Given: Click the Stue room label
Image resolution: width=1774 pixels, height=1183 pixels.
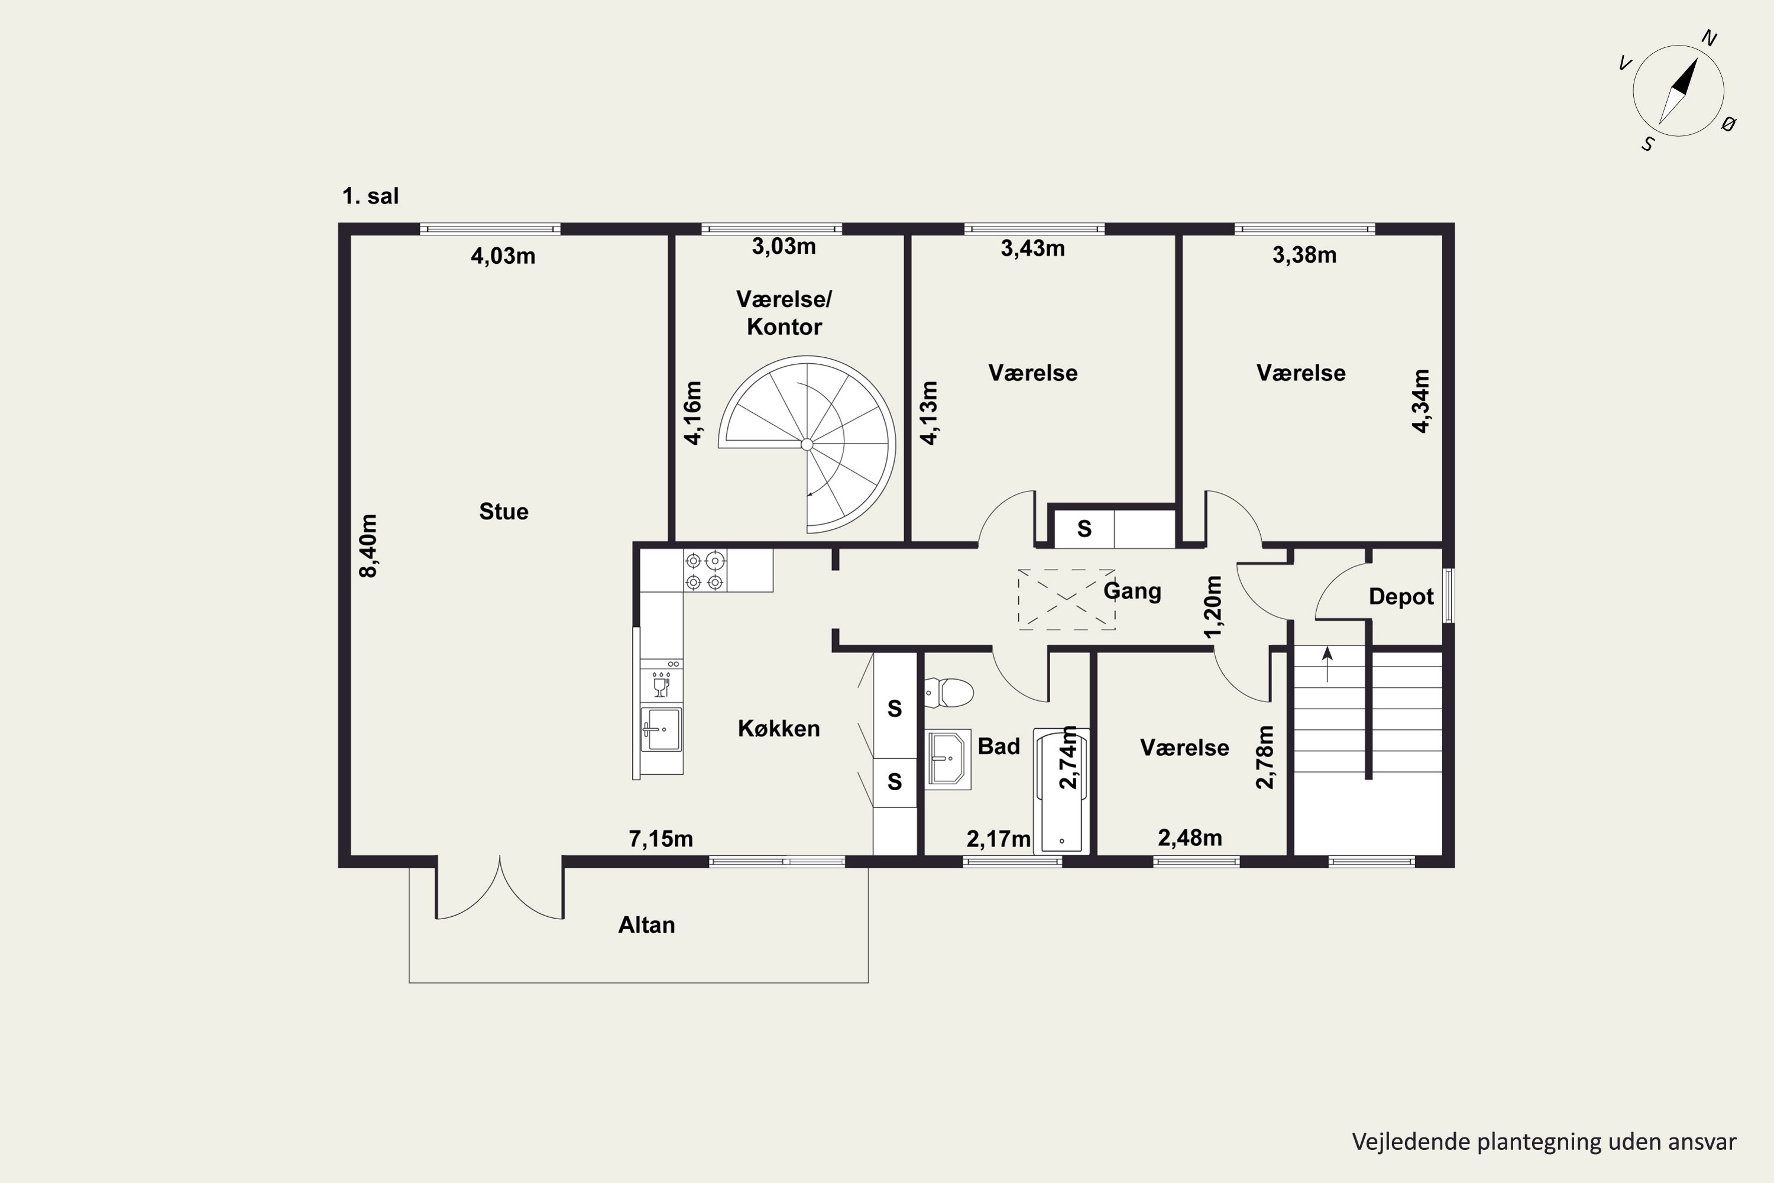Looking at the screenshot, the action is coord(504,512).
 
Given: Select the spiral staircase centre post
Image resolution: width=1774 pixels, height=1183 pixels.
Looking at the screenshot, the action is coord(807,444).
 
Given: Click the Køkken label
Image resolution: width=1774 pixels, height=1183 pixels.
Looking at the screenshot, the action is coord(778,728).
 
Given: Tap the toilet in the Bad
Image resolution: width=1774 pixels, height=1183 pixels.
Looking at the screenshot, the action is coord(949,693).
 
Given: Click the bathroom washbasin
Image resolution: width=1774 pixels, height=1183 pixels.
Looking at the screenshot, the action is coord(948,759).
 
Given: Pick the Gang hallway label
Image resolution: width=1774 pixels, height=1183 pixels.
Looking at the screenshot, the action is coord(1132,591).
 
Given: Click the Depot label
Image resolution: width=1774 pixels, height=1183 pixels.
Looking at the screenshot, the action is coord(1401,597).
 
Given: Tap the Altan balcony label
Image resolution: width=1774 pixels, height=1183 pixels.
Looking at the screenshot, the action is coord(646,925).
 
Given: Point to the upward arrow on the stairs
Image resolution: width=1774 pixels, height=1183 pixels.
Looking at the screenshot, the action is coord(1328,664).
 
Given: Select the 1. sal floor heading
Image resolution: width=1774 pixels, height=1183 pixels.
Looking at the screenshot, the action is coord(370,196).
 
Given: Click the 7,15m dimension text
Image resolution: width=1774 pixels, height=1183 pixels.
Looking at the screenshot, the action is coord(661,839).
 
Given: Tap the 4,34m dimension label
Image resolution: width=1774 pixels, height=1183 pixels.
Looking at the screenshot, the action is coord(1420,400).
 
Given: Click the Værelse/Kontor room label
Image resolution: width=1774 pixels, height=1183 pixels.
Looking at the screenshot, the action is coord(785,313).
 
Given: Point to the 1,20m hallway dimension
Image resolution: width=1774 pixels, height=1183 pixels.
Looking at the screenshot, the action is coord(1213,607).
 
